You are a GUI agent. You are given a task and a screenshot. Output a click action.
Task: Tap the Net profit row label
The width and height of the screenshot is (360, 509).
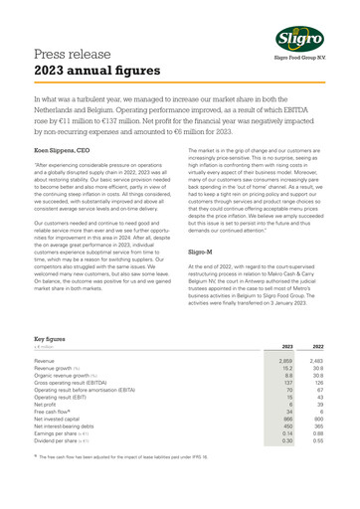(46, 405)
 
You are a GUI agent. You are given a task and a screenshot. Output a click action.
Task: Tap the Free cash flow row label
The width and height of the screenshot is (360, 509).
(55, 413)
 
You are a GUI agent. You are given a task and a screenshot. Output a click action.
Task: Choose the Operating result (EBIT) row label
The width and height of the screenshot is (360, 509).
(59, 397)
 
